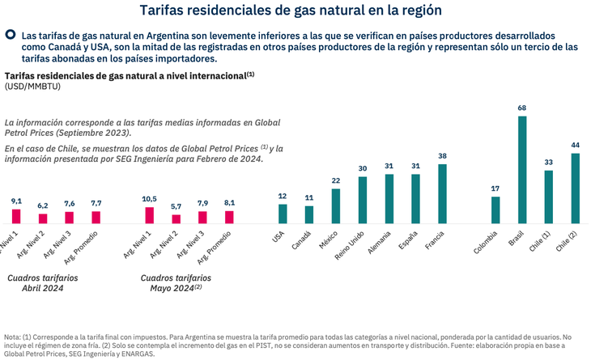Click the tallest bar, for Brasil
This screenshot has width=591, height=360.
pyautogui.click(x=522, y=170)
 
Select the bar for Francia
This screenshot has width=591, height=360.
pyautogui.click(x=442, y=194)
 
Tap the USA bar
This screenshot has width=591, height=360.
pyautogui.click(x=283, y=214)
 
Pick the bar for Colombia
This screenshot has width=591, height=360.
pyautogui.click(x=495, y=210)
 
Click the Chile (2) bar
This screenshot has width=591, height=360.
pyautogui.click(x=576, y=188)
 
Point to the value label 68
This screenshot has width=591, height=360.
pyautogui.click(x=522, y=108)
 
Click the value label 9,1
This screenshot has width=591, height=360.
pyautogui.click(x=16, y=201)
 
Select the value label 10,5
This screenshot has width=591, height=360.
pyautogui.click(x=149, y=199)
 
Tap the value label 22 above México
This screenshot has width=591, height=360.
pyautogui.click(x=336, y=180)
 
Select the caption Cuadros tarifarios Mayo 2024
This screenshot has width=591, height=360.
pyautogui.click(x=169, y=282)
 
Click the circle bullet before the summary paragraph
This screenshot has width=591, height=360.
pyautogui.click(x=11, y=35)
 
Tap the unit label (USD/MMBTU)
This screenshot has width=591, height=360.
pyautogui.click(x=32, y=86)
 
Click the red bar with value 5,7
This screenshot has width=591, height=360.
pyautogui.click(x=176, y=218)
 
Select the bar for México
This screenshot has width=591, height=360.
pyautogui.click(x=336, y=205)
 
